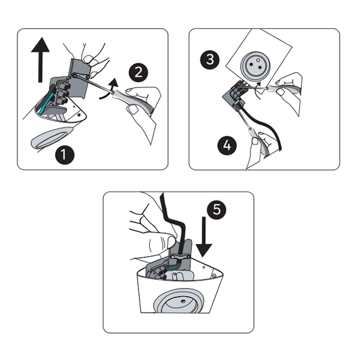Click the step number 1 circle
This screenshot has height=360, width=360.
coord(65,155)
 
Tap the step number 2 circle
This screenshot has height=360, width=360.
coord(139,73)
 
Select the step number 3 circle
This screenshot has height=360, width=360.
coord(210,59)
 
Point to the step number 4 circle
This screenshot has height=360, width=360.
coord(227,145)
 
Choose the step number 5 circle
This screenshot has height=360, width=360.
coord(217,209)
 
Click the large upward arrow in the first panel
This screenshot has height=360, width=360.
coord(40,59)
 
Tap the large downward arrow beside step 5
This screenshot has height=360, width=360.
coord(203,237)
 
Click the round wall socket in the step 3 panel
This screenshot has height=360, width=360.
coord(256,65)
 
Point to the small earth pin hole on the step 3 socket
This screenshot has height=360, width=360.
coord(258,60)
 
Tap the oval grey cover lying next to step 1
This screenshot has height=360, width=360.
coord(52,138)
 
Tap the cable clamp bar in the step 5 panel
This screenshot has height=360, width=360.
coord(180,257)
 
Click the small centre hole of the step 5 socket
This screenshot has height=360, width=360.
coord(183,301)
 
